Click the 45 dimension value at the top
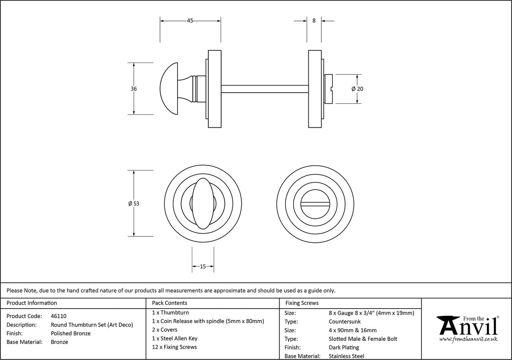pyautogui.click(x=190, y=21)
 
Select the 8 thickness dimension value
pyautogui.click(x=314, y=20)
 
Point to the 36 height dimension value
pyautogui.click(x=134, y=89)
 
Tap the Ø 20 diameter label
pyautogui.click(x=357, y=89)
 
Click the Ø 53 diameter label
pyautogui.click(x=134, y=204)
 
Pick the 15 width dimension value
pyautogui.click(x=203, y=266)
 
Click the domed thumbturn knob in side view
pyautogui.click(x=170, y=89)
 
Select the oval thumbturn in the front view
pyautogui.click(x=203, y=204)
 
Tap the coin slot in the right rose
pyautogui.click(x=316, y=204)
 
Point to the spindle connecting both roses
pyautogui.click(x=264, y=89)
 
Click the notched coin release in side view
pyautogui.click(x=329, y=89)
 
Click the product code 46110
pyautogui.click(x=59, y=316)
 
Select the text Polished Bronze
pyautogui.click(x=70, y=333)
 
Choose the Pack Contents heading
pyautogui.click(x=170, y=303)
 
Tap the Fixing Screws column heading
pyautogui.click(x=302, y=303)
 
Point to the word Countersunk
pyautogui.click(x=345, y=322)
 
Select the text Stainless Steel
pyautogui.click(x=347, y=356)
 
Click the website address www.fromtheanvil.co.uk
pyautogui.click(x=469, y=339)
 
